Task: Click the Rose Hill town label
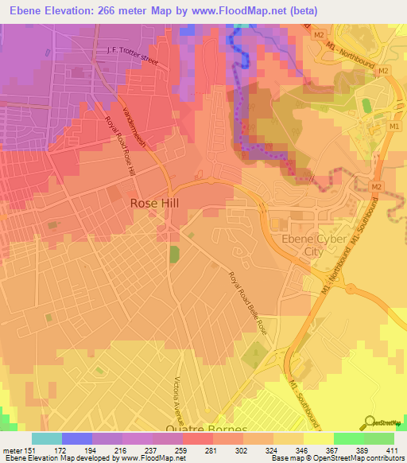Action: (154, 204)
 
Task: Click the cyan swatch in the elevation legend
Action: (46, 438)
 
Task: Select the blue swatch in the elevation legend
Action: (76, 438)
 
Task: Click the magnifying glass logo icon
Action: (369, 421)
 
